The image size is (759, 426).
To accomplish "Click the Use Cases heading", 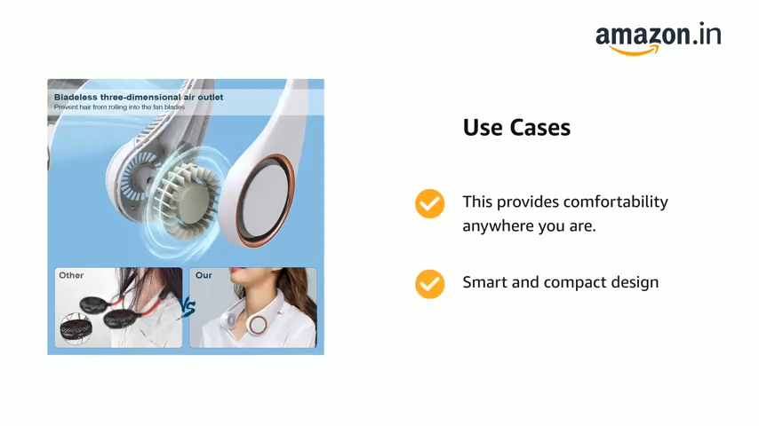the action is coord(516,128).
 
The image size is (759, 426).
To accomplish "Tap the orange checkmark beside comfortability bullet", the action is coord(429,203).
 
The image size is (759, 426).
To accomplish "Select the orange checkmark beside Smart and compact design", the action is coord(429,284).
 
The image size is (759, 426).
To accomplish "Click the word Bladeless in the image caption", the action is coord(76,98).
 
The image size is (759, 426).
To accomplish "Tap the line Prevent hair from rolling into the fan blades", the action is coord(119,106).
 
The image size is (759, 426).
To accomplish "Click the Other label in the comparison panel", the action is coord(71,275).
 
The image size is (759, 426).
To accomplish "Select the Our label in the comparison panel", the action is coord(204,275).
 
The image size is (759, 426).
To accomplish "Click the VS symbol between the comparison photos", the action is coord(188,308).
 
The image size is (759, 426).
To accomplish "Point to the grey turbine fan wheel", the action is coord(183,199).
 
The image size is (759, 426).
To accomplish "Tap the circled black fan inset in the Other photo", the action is coord(76,328).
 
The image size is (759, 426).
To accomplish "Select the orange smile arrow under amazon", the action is coord(634,51).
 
